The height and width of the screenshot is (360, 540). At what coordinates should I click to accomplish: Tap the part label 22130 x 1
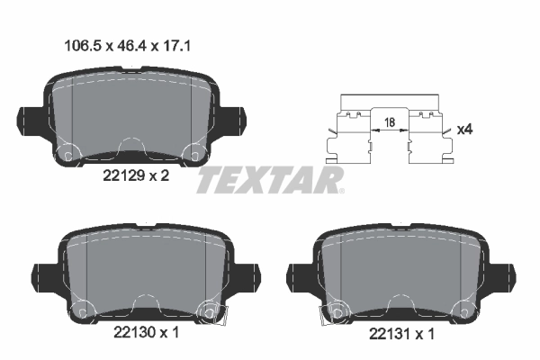146,332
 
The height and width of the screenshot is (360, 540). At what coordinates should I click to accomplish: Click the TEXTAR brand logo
270,180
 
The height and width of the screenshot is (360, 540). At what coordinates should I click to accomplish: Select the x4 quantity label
465,130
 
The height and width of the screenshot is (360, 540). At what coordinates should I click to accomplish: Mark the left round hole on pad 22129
65,154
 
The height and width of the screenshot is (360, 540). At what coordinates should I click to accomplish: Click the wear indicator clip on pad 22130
217,312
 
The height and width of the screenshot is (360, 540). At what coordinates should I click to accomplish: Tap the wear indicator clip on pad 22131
331,313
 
